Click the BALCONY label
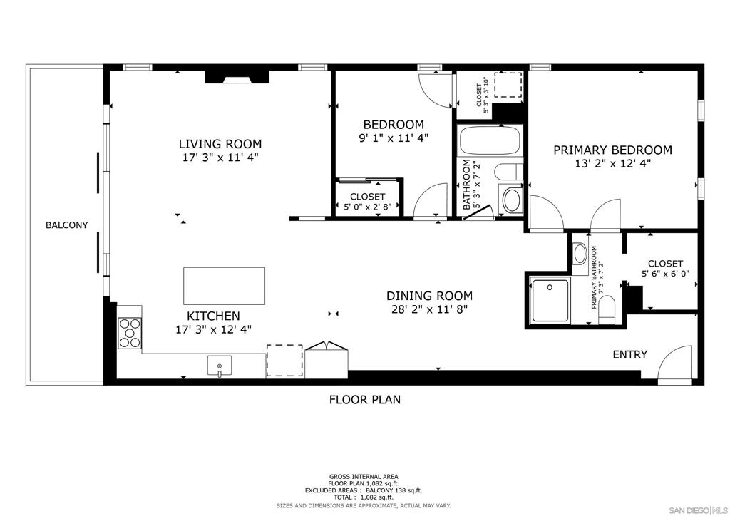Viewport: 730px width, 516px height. click(x=66, y=225)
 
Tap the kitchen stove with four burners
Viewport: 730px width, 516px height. click(x=130, y=333)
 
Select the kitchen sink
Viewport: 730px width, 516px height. click(x=220, y=365)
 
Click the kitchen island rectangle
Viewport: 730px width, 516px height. click(x=224, y=286)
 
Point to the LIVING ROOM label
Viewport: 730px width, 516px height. click(x=220, y=144)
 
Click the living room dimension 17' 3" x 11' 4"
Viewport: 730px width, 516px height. click(x=220, y=158)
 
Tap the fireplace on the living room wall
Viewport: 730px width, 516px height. click(x=237, y=77)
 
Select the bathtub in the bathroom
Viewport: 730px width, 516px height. click(x=490, y=140)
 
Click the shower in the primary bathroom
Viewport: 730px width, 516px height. click(x=550, y=300)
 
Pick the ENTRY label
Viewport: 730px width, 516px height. click(x=630, y=354)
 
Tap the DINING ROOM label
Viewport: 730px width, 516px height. click(x=429, y=296)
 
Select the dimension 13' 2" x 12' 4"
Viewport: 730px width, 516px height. click(x=612, y=164)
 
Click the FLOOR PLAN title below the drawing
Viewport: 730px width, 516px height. click(x=365, y=400)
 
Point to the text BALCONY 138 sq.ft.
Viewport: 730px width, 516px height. click(x=394, y=490)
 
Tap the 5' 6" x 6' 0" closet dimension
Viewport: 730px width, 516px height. click(x=665, y=274)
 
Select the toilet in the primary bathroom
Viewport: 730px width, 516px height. click(x=607, y=310)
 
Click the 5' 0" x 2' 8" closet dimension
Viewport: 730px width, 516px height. click(x=368, y=207)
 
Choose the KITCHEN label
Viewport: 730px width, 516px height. click(x=213, y=316)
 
